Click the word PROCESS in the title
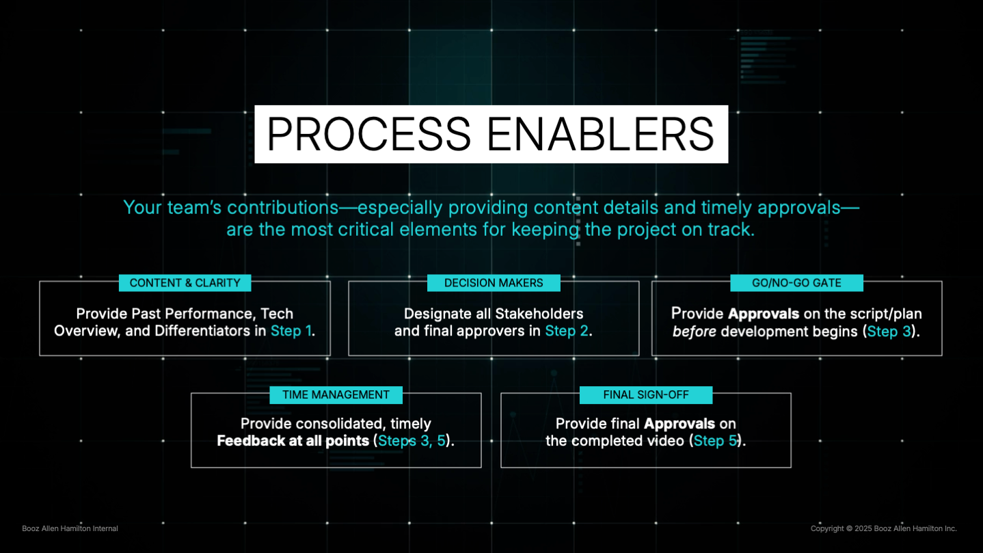click(x=368, y=134)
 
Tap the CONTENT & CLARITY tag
click(x=185, y=283)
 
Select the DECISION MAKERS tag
click(x=494, y=283)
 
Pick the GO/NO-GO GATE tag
click(x=796, y=283)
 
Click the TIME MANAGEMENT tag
click(x=336, y=395)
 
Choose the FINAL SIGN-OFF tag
click(x=645, y=395)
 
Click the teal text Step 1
click(x=291, y=331)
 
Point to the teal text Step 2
click(x=567, y=331)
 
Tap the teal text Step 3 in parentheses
click(x=889, y=332)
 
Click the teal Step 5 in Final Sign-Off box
click(x=716, y=441)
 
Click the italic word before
click(x=695, y=332)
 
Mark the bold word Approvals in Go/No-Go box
click(x=764, y=314)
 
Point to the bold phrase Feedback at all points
click(x=293, y=441)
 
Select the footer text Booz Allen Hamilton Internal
click(x=70, y=528)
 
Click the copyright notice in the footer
click(x=883, y=528)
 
